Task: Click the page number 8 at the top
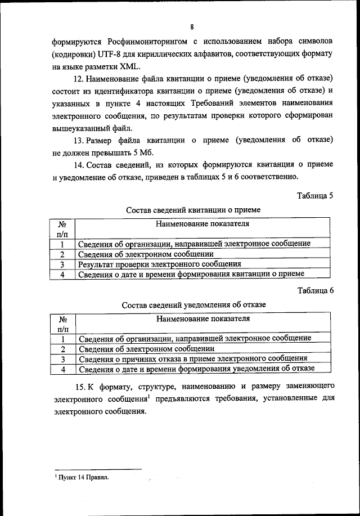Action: [192, 27]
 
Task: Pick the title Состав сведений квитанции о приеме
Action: [193, 209]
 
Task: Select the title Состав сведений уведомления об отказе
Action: [193, 304]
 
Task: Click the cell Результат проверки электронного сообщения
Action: [160, 263]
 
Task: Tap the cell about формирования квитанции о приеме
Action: [191, 274]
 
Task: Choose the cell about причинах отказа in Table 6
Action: [192, 358]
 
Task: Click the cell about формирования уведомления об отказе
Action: [196, 369]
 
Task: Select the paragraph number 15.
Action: [79, 387]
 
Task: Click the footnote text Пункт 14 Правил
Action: [82, 478]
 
